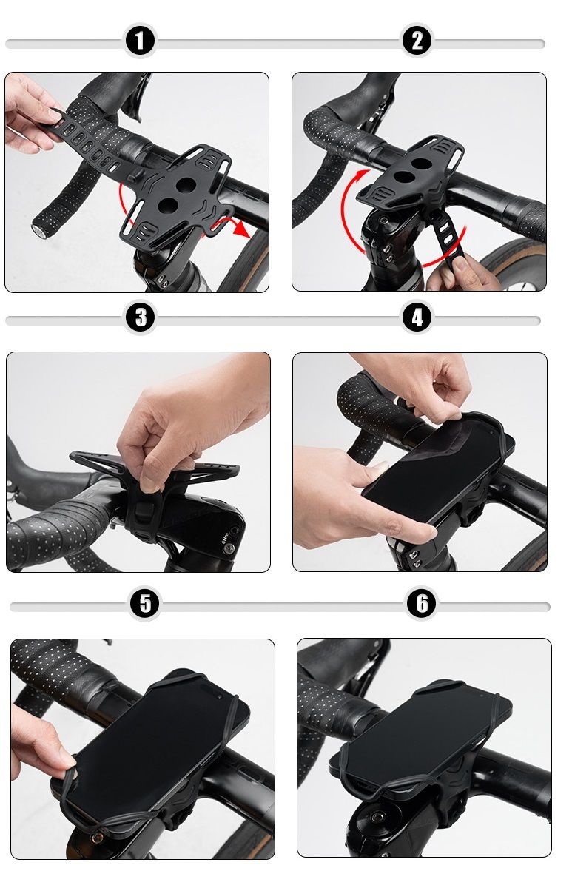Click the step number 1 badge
(139, 41)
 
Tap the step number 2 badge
(417, 41)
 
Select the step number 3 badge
(141, 317)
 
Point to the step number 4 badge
(417, 317)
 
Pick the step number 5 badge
(145, 604)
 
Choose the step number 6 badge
(422, 604)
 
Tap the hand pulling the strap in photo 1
(30, 114)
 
